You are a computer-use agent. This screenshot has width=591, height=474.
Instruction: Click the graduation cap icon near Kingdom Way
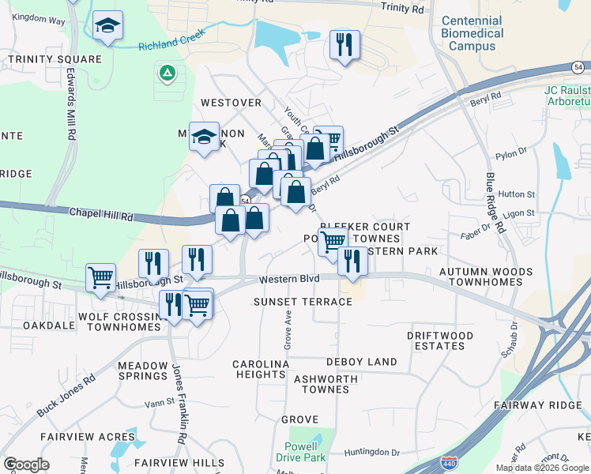pyautogui.click(x=107, y=26)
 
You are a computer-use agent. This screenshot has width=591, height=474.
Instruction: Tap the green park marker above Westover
pyautogui.click(x=167, y=74)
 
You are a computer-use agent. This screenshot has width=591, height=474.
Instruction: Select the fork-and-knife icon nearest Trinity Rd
pyautogui.click(x=344, y=44)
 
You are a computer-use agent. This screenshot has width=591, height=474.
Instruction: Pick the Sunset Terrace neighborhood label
pyautogui.click(x=302, y=302)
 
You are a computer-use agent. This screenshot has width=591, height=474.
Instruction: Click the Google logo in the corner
pyautogui.click(x=26, y=464)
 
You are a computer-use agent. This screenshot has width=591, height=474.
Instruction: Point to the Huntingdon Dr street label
pyautogui.click(x=372, y=452)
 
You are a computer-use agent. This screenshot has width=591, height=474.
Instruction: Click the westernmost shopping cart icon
pyautogui.click(x=101, y=277)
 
